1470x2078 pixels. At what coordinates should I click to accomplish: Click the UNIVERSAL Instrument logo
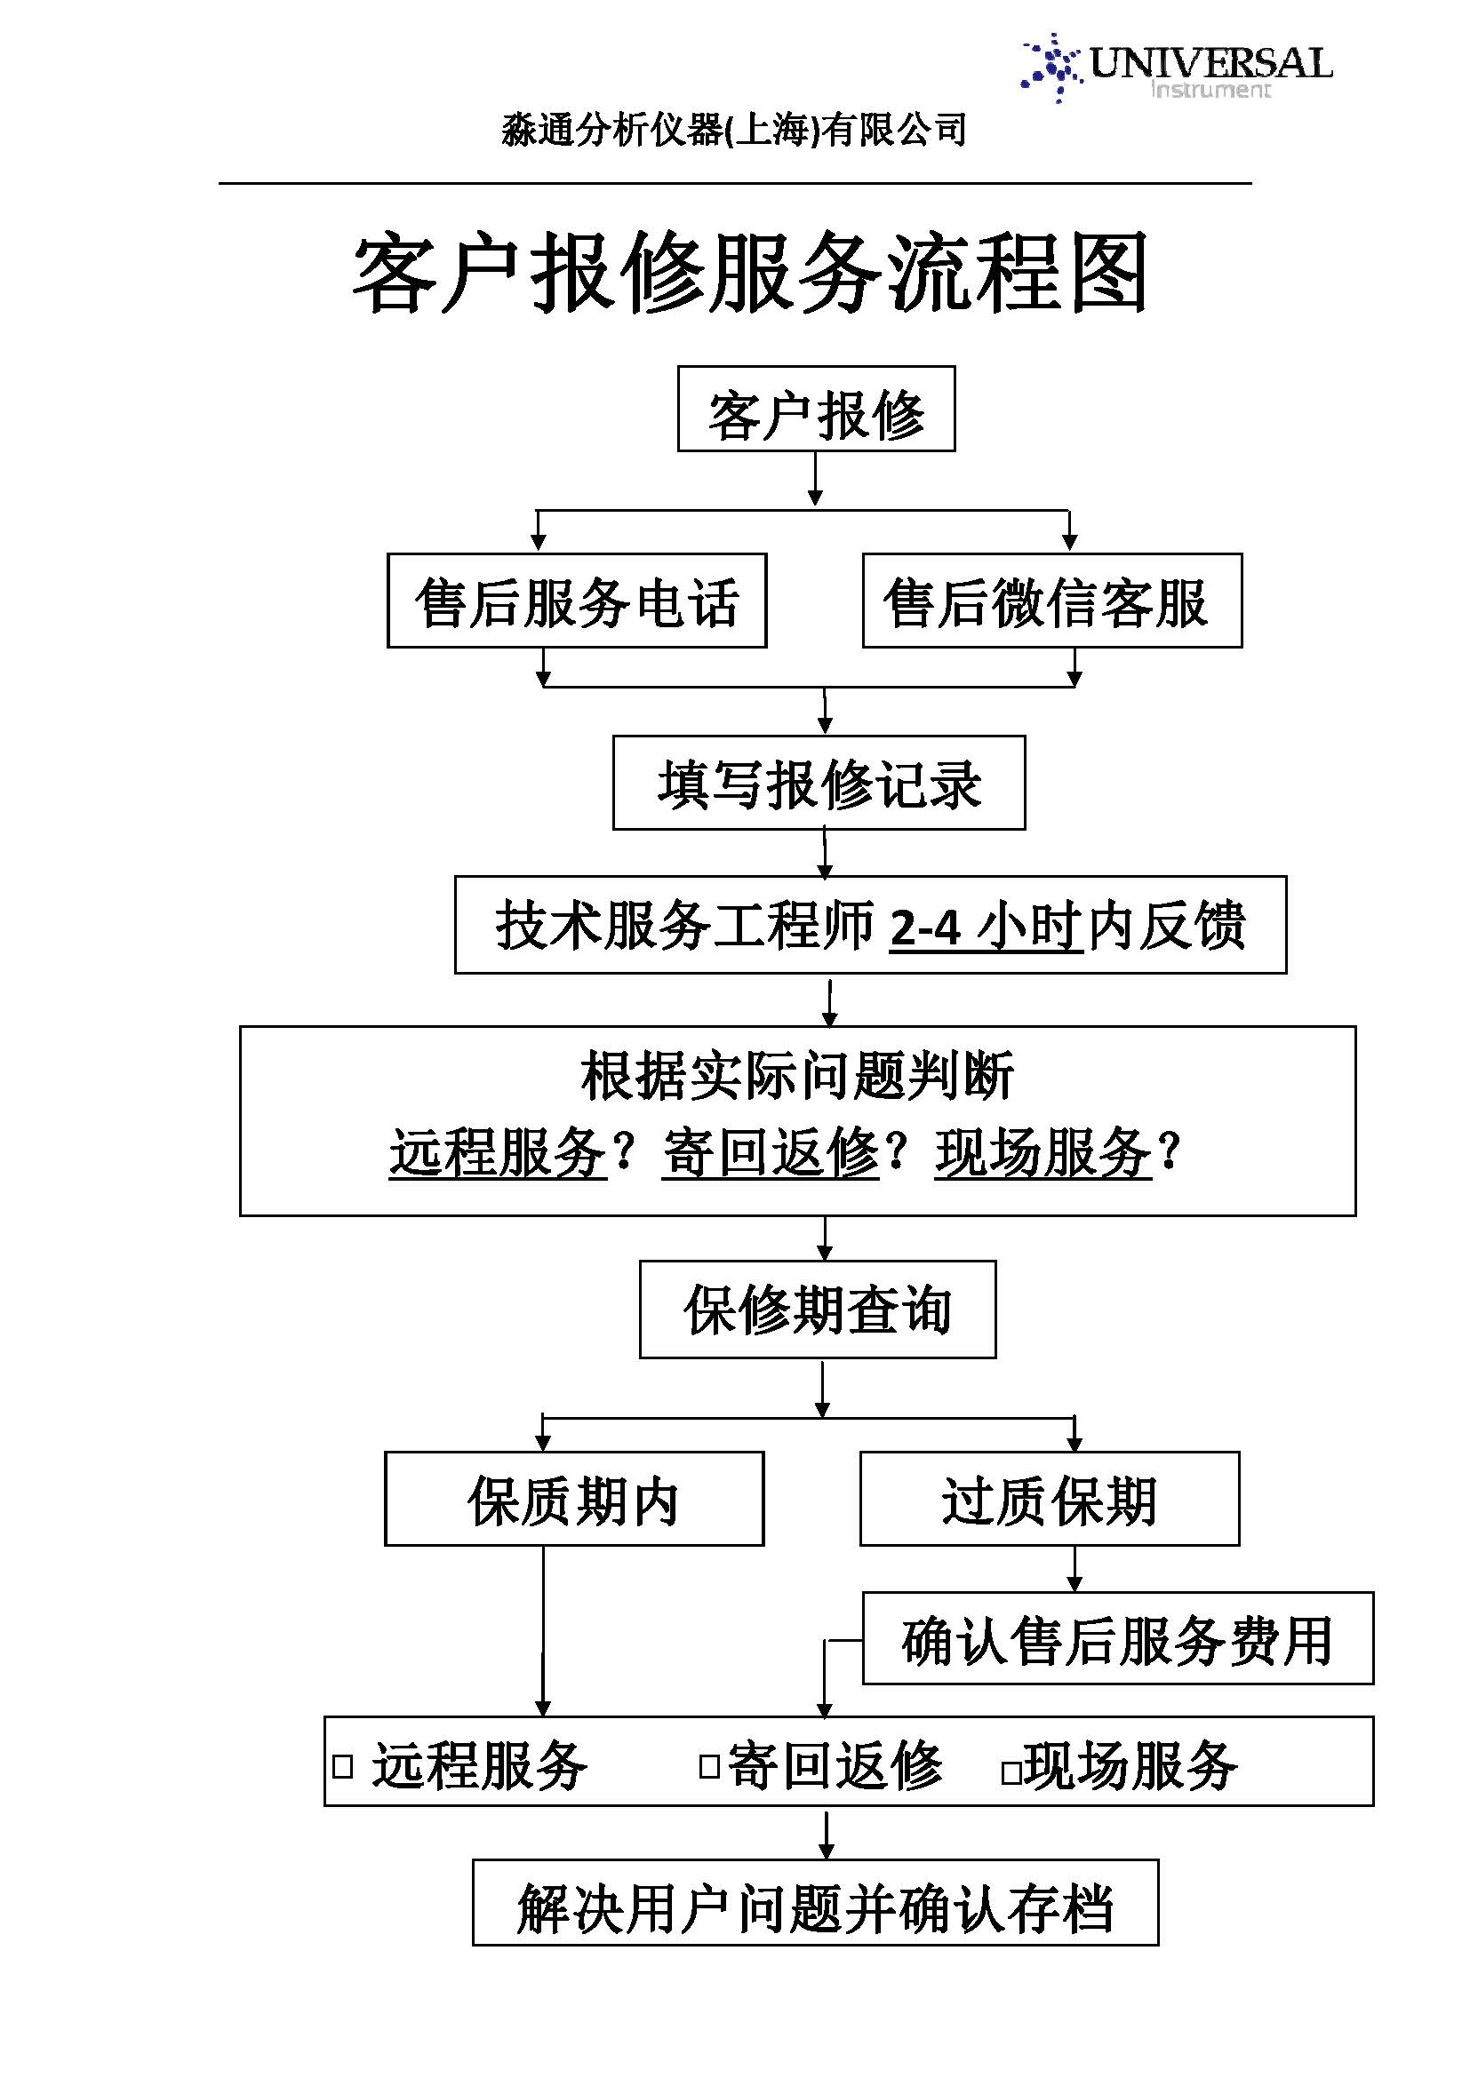point(1177,68)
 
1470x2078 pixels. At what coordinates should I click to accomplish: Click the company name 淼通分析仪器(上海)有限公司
point(734,130)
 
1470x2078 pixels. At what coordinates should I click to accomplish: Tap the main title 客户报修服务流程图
point(750,273)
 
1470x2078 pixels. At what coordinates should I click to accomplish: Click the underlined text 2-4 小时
point(987,926)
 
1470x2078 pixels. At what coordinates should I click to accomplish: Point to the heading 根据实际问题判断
point(797,1076)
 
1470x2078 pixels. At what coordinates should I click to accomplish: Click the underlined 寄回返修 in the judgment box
point(771,1153)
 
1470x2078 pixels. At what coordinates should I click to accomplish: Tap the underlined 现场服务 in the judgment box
point(1043,1153)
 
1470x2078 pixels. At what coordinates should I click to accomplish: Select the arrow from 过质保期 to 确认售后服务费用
point(1075,1568)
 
